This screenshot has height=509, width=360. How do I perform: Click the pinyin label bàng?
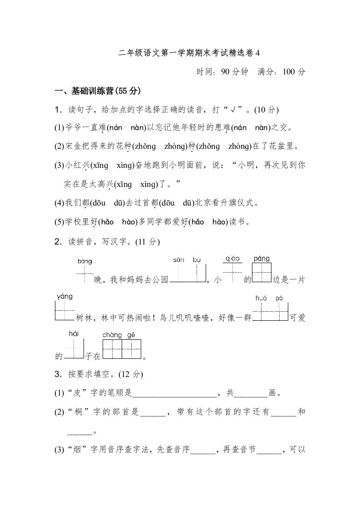pyautogui.click(x=85, y=261)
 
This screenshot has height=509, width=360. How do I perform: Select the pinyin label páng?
pyautogui.click(x=261, y=259)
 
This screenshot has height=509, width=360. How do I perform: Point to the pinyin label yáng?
pyautogui.click(x=64, y=297)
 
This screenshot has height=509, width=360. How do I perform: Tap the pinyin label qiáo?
pyautogui.click(x=232, y=259)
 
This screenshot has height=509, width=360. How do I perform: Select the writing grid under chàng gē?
pyautogui.click(x=122, y=349)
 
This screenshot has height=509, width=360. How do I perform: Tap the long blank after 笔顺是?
pyautogui.click(x=174, y=393)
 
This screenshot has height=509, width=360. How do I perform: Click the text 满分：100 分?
pyautogui.click(x=281, y=72)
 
